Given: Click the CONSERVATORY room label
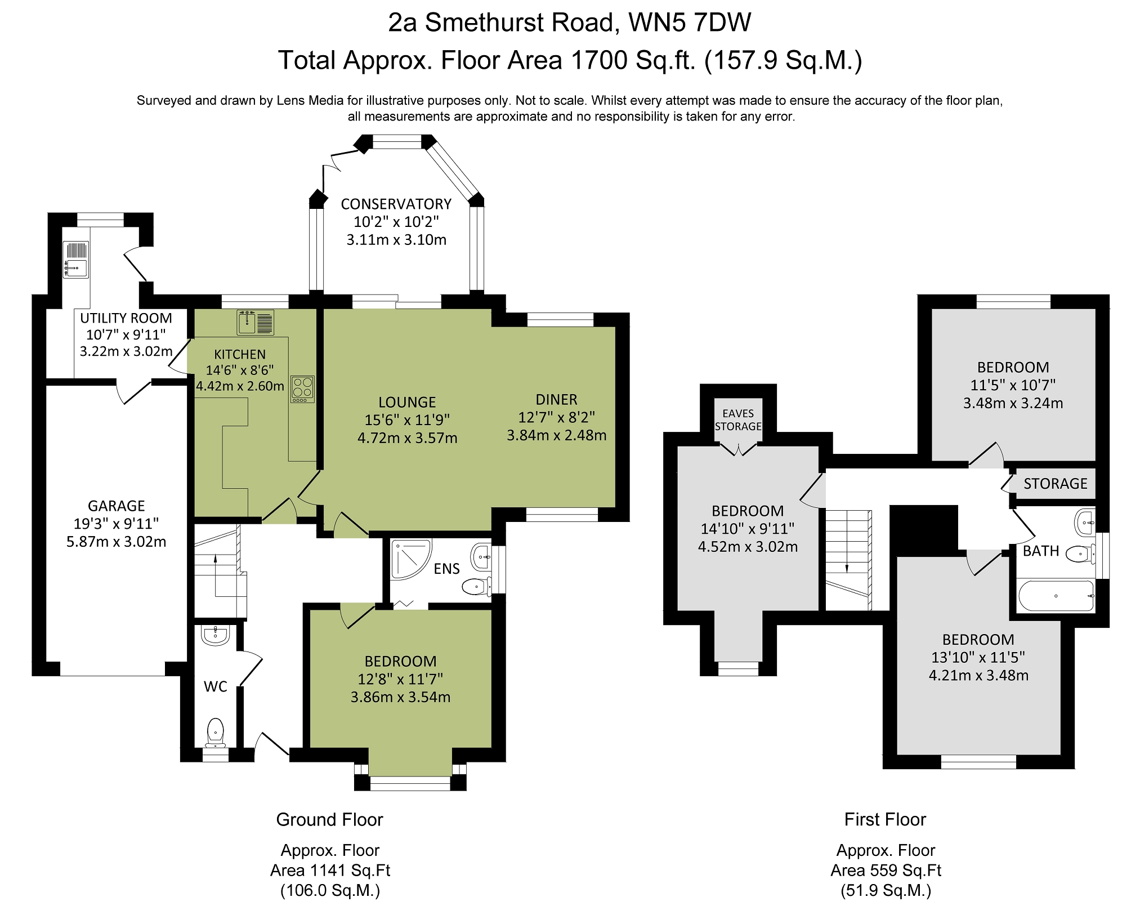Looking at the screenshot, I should (396, 204).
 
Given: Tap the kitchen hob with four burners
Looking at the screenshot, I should (302, 389).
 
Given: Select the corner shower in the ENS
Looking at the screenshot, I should (410, 559).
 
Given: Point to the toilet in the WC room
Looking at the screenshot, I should (215, 731).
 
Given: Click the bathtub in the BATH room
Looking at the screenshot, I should (1056, 596).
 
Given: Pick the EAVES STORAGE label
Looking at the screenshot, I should (737, 420).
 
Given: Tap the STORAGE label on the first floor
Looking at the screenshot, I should (1055, 484).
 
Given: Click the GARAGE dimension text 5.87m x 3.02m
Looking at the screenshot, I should (116, 542).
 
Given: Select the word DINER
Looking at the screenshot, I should (556, 400).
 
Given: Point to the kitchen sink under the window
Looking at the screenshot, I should (255, 322).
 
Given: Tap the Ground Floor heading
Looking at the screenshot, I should (329, 819).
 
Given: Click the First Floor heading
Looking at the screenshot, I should (884, 819).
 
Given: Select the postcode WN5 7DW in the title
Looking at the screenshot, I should (690, 23).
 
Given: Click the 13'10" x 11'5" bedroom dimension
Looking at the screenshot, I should (978, 657).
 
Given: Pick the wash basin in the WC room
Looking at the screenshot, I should (215, 635).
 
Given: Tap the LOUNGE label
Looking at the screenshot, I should (407, 402).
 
